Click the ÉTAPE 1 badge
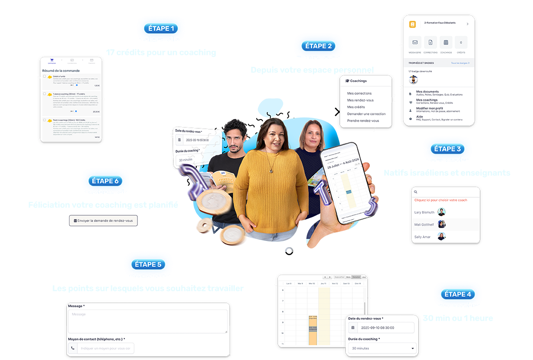(x=160, y=28)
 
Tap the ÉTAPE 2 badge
(x=319, y=46)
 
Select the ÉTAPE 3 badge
(x=447, y=149)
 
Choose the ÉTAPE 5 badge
(x=148, y=264)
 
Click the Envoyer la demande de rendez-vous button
(x=103, y=221)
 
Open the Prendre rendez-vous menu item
(x=363, y=121)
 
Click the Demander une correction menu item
(x=366, y=114)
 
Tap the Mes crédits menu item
(x=356, y=107)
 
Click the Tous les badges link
(x=460, y=63)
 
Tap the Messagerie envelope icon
(x=415, y=42)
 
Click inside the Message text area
(x=147, y=321)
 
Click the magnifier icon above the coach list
(x=416, y=192)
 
